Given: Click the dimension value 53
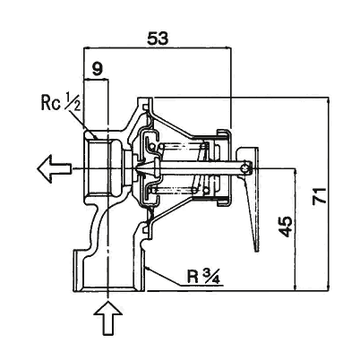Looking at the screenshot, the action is [158, 39].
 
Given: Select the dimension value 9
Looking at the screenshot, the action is [98, 69].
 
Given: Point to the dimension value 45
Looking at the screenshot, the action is [286, 227].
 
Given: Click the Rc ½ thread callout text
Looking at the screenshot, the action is [61, 103].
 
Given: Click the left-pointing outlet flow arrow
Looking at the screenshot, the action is [55, 169].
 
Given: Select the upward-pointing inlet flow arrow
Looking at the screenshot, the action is [108, 318].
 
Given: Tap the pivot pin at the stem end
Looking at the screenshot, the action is [245, 168].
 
